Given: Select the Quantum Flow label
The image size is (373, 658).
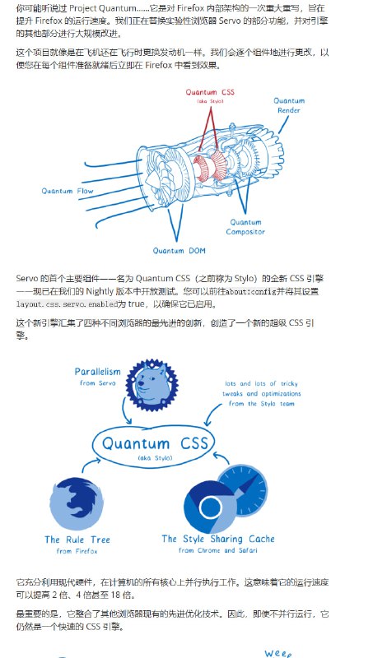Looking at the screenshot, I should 68,192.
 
